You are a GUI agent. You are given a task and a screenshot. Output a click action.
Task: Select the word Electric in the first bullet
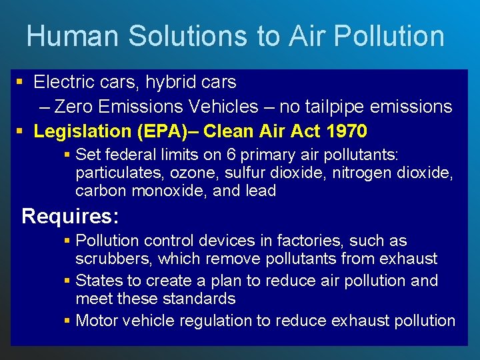coord(61,82)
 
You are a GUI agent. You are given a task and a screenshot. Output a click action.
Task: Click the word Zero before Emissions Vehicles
coord(73,106)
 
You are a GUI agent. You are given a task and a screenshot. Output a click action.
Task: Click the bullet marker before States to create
coord(67,281)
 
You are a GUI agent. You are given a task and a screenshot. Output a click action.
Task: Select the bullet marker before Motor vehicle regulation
coord(67,321)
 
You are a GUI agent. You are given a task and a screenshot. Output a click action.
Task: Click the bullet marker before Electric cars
coord(20,83)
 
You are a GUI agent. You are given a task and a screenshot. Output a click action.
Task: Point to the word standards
coord(199,298)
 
